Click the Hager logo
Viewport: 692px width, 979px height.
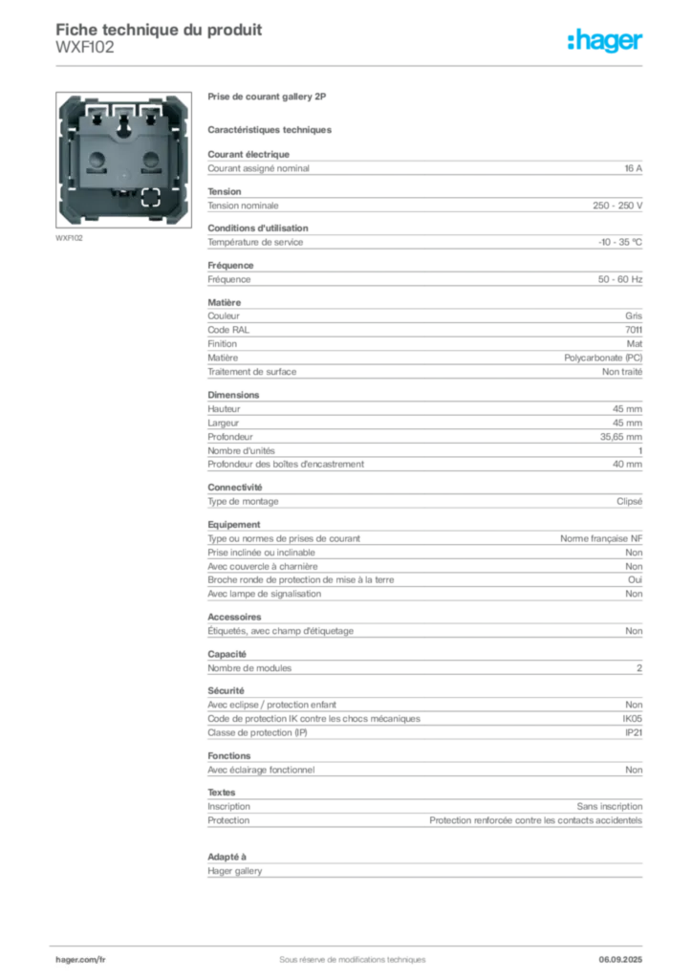605,41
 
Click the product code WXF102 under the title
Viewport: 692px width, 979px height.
85,48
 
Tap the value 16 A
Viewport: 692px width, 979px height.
634,168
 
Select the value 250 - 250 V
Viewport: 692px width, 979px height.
617,206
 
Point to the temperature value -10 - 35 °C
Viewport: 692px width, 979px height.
620,242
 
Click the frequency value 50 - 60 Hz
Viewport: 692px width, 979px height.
620,279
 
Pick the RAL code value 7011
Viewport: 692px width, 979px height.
634,330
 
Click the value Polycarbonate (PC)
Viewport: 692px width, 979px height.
603,358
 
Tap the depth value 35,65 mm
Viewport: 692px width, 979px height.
621,437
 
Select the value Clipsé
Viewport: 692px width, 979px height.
630,501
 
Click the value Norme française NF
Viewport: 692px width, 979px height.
601,538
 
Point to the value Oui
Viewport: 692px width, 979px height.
636,579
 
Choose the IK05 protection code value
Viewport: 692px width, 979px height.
633,719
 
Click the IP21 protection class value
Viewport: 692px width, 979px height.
634,732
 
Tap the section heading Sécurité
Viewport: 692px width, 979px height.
226,690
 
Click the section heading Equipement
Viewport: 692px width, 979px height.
234,525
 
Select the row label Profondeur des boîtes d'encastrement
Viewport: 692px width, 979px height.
286,464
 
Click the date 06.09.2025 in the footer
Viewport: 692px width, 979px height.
620,960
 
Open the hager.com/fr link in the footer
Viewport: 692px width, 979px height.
80,960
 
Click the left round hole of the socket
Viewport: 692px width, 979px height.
97,159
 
